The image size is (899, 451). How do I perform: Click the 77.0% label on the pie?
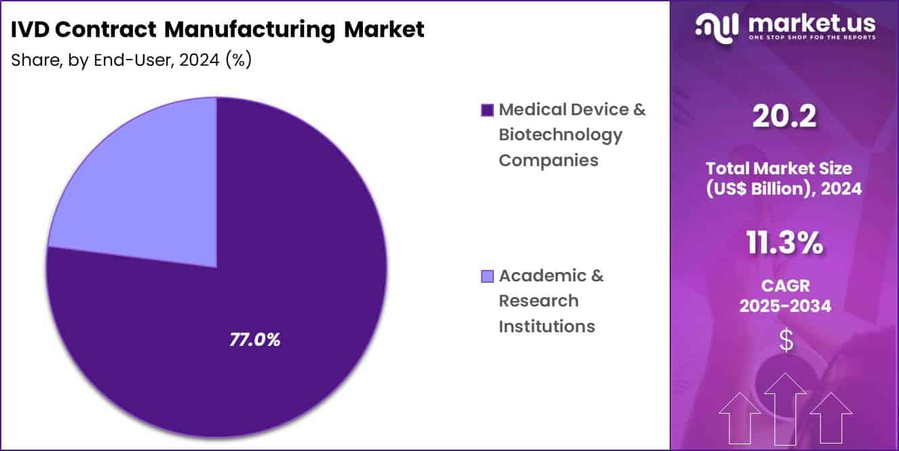[254, 340]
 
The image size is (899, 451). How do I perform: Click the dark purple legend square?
[486, 110]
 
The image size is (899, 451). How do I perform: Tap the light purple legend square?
[486, 276]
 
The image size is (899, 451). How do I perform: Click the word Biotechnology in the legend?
[560, 134]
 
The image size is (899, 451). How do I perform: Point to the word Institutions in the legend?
[546, 326]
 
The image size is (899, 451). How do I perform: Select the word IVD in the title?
[32, 29]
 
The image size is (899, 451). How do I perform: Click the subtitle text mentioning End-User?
[132, 60]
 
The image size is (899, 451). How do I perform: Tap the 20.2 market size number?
[784, 117]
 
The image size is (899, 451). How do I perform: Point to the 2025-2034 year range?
[785, 306]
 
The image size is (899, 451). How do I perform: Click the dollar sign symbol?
[786, 340]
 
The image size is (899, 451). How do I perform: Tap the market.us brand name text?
[811, 24]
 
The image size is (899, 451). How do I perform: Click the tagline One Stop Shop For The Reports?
[811, 39]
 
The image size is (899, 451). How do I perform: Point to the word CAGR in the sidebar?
[785, 286]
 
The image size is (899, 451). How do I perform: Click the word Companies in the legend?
[548, 160]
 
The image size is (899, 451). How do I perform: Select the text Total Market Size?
[784, 168]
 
